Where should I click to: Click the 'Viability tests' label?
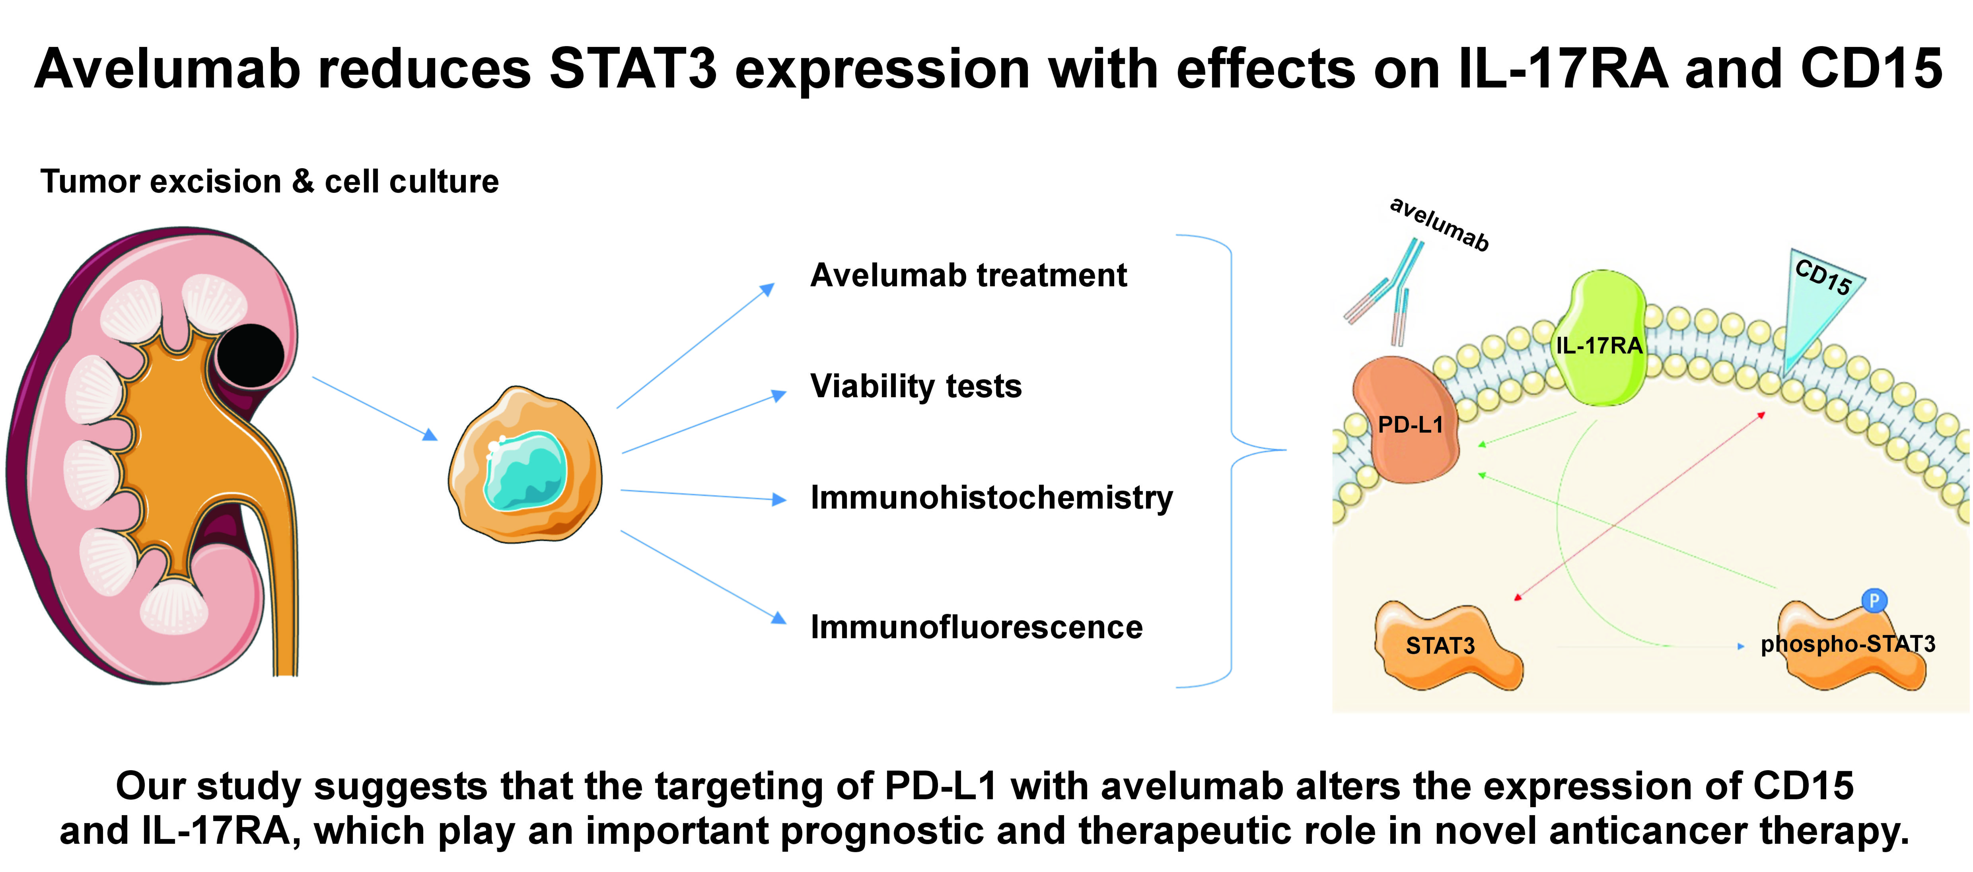tap(916, 386)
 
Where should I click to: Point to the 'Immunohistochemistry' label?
tap(991, 497)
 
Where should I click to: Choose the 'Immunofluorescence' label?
tap(977, 627)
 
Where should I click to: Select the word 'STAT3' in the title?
tap(632, 69)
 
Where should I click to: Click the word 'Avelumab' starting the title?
tap(167, 69)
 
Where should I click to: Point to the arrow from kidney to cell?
tap(375, 408)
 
